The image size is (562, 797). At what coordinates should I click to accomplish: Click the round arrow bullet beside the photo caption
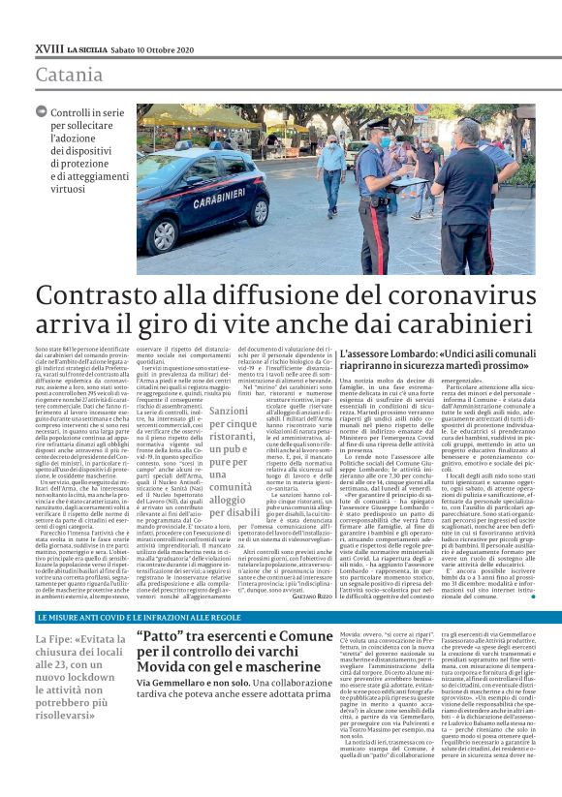click(41, 112)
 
